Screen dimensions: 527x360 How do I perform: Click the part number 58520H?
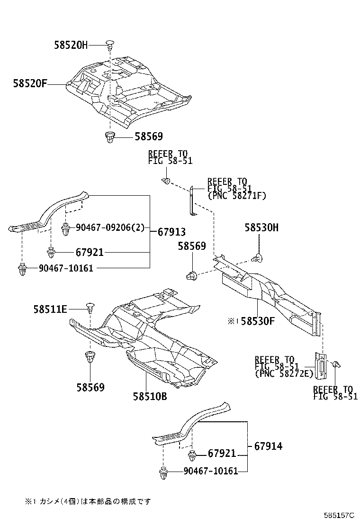click(x=70, y=45)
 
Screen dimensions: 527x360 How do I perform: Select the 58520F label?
click(x=30, y=84)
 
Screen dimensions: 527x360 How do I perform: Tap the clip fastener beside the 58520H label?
click(x=110, y=45)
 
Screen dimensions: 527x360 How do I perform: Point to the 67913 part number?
click(x=171, y=232)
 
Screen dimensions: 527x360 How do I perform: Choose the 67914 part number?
click(x=268, y=446)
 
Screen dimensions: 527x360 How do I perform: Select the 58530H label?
click(x=261, y=227)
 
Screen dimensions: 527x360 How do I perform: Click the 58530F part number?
click(x=258, y=321)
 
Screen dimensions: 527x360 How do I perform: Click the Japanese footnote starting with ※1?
click(x=88, y=500)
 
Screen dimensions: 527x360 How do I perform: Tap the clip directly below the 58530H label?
click(x=258, y=257)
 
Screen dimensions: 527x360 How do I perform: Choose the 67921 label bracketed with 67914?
click(x=222, y=454)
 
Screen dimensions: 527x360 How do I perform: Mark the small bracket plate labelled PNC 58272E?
click(x=321, y=365)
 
